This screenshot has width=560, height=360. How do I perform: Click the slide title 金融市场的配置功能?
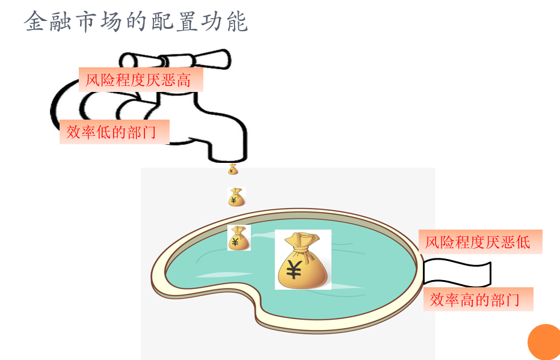click(x=136, y=22)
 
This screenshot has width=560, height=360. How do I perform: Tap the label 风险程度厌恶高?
click(x=140, y=79)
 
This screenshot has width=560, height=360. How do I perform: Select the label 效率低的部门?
click(x=113, y=132)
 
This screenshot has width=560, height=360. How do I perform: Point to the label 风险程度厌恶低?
click(x=479, y=242)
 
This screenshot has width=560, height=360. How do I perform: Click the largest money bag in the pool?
click(x=303, y=260)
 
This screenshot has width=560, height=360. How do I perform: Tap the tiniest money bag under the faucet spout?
click(x=233, y=169)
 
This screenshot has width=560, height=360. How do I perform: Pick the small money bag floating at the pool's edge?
click(x=238, y=238)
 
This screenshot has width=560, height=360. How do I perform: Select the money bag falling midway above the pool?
click(x=236, y=197)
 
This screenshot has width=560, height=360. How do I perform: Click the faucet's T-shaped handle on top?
click(x=174, y=59)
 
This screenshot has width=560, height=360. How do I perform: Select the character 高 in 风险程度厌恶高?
click(x=185, y=79)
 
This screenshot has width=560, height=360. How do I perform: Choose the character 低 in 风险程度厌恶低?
click(x=523, y=242)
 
